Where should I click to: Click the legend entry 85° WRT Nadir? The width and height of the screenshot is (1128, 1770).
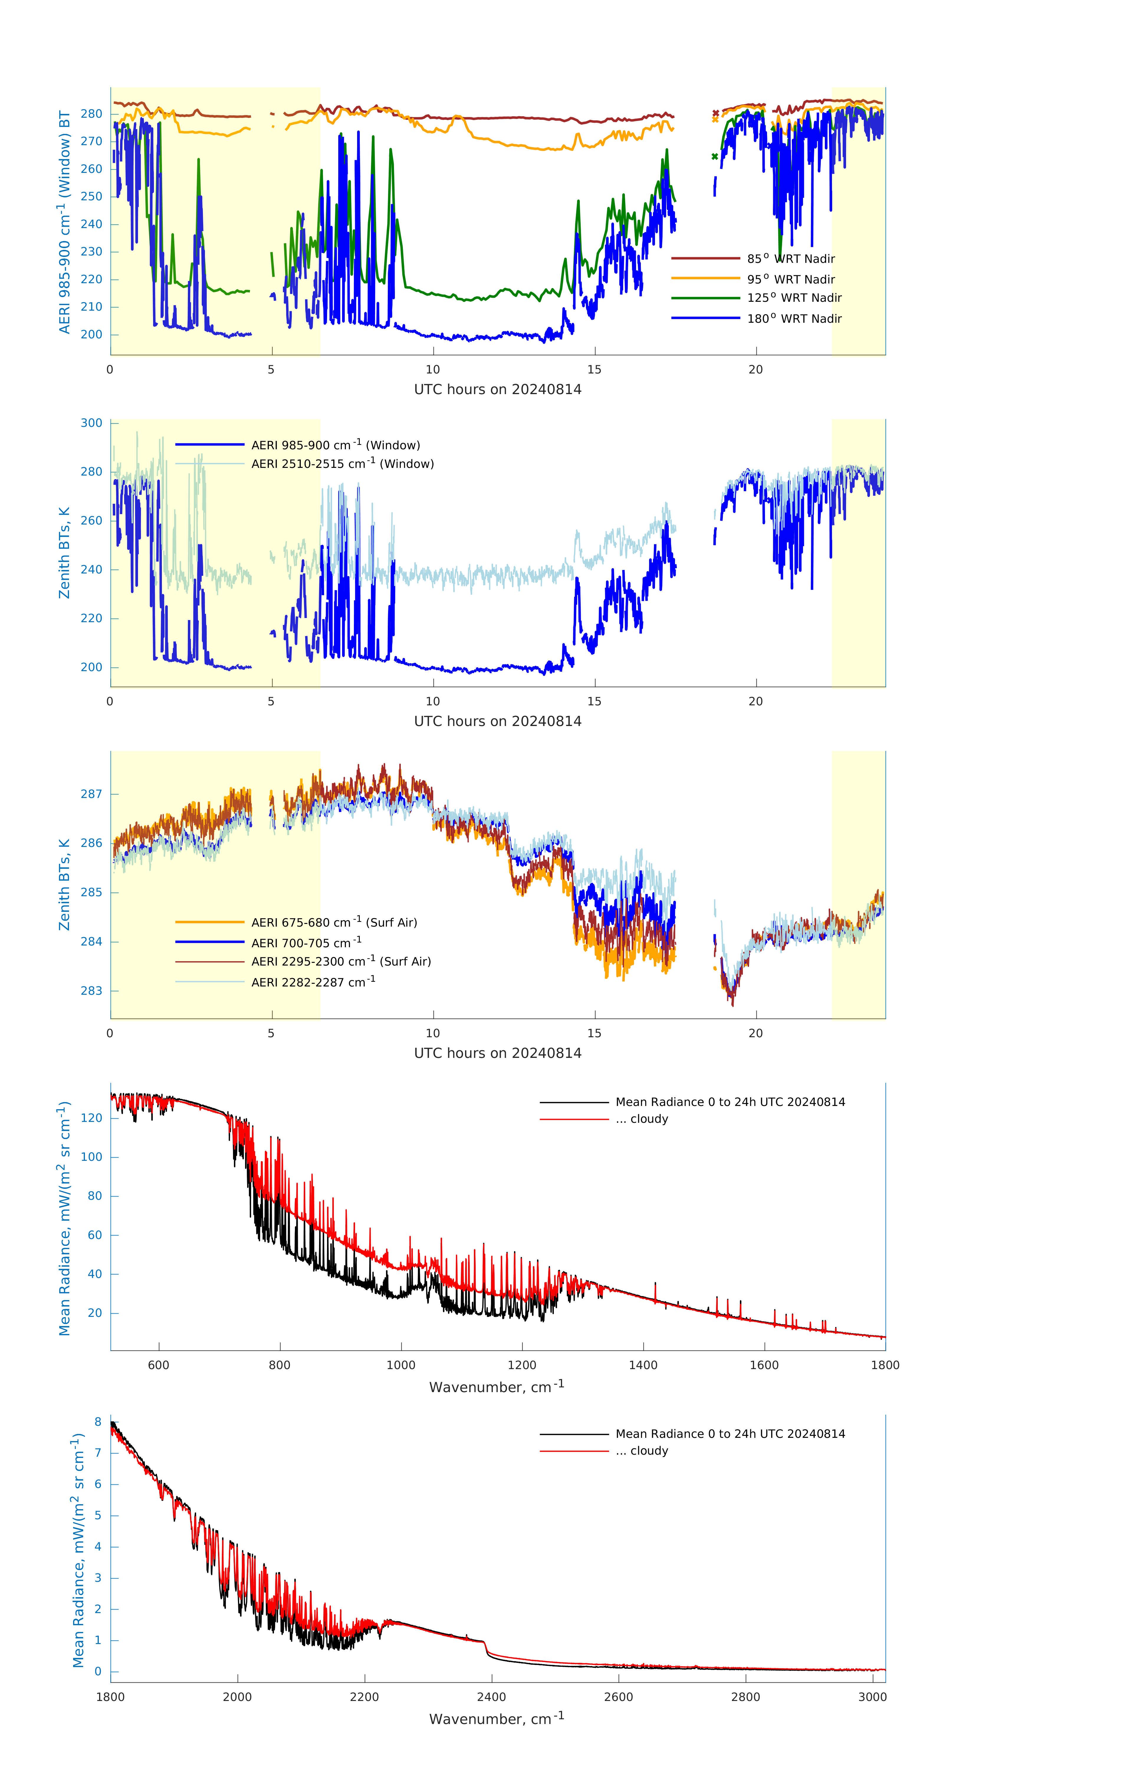pyautogui.click(x=791, y=259)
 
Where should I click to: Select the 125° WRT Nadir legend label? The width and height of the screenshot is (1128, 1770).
pyautogui.click(x=794, y=298)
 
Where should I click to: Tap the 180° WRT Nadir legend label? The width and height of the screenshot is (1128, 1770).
pyautogui.click(x=794, y=318)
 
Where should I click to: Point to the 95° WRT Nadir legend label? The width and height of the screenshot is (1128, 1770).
pyautogui.click(x=791, y=279)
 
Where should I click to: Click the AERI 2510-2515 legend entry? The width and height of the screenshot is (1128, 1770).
pyautogui.click(x=342, y=464)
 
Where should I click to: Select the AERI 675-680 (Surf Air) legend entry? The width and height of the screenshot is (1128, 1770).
pyautogui.click(x=334, y=922)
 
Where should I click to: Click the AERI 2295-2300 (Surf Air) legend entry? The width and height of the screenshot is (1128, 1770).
pyautogui.click(x=341, y=961)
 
